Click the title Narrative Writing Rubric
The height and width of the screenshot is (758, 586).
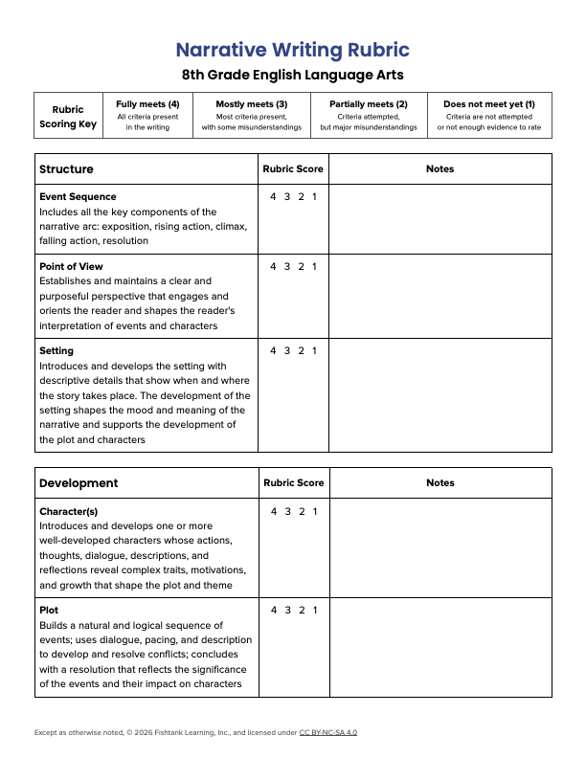293,50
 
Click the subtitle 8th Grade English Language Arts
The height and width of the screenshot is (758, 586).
293,75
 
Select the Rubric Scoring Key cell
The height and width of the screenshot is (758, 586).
68,117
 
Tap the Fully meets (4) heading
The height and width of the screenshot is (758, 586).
147,103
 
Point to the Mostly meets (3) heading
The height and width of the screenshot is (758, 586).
251,103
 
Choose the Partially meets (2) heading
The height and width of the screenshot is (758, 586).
368,103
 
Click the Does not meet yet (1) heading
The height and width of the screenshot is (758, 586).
488,103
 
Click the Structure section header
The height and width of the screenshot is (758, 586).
66,169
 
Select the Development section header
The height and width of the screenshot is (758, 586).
79,483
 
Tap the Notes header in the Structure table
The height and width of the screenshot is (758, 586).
439,169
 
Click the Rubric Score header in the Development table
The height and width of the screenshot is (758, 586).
293,483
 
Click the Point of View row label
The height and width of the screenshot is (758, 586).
71,266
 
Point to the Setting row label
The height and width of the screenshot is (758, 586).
56,350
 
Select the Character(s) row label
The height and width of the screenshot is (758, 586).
68,511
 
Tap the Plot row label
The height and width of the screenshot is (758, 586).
49,610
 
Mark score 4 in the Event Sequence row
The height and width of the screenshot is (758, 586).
273,197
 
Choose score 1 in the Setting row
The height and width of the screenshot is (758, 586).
314,350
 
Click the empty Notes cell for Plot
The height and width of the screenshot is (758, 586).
439,647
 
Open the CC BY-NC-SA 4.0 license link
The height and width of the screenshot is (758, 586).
327,732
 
